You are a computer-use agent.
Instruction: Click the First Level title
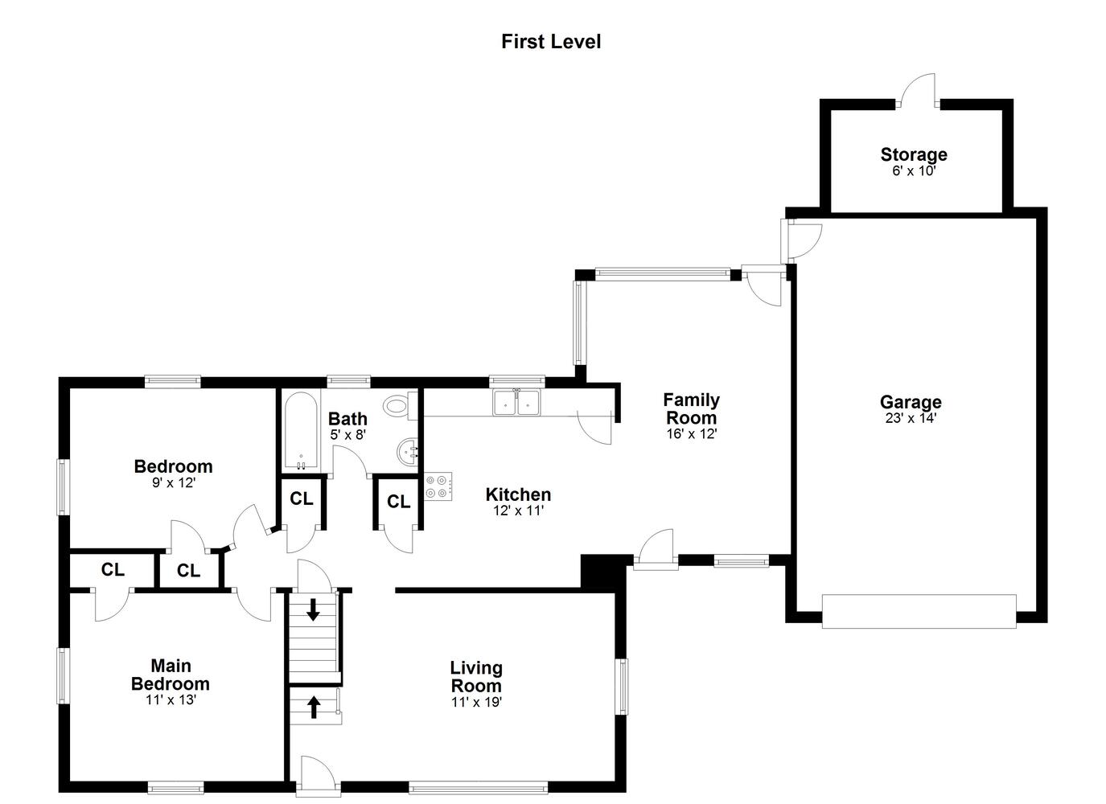551,42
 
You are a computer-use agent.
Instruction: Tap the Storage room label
914,154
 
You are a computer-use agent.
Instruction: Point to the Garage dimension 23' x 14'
911,419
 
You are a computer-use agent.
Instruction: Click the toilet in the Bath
401,406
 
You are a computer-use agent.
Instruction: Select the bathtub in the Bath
301,432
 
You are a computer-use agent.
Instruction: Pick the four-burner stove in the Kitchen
438,486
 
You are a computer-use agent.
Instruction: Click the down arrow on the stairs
313,609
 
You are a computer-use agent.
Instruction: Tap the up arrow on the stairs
313,707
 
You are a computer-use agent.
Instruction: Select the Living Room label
476,677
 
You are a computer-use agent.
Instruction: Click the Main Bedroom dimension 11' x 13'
171,699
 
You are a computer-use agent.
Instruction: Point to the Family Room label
691,408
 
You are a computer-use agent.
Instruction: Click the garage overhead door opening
919,612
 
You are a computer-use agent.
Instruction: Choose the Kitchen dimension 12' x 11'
519,511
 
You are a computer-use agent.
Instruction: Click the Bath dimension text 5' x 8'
348,435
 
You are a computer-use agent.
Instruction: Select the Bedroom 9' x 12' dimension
174,482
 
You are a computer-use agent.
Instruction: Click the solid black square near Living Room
598,572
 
